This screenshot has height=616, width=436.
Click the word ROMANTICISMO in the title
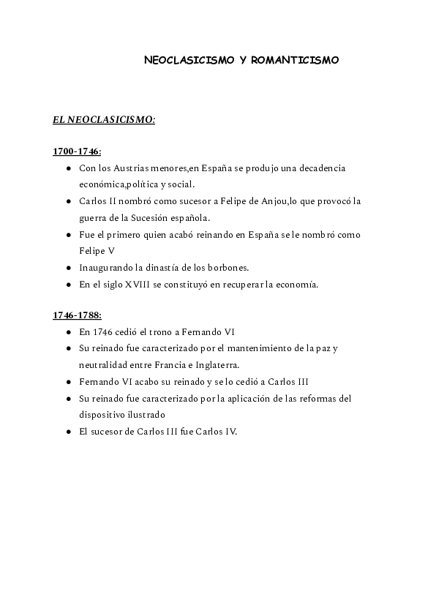click(x=295, y=61)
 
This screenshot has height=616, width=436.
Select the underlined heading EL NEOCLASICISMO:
click(x=104, y=120)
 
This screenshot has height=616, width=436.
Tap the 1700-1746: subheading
click(x=77, y=151)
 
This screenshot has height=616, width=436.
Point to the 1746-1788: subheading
click(x=77, y=315)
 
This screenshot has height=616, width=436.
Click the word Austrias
click(x=138, y=168)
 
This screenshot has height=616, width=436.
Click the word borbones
click(x=222, y=268)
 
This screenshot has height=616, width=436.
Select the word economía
click(x=297, y=285)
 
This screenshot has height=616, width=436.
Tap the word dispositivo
click(x=105, y=414)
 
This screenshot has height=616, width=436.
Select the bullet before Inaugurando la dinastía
click(x=68, y=268)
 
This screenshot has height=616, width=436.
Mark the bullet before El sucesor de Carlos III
click(x=68, y=431)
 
